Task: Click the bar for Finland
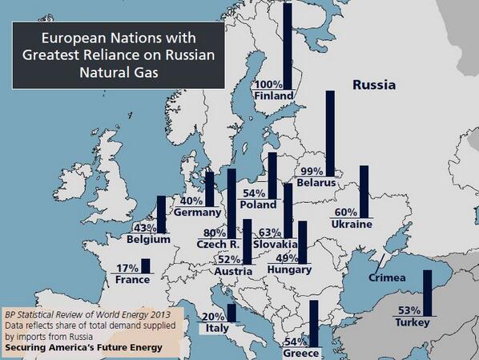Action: coord(288,48)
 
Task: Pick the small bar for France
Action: coord(145,266)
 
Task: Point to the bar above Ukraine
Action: coord(364,187)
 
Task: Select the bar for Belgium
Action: coord(160,214)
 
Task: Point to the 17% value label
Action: coord(127,268)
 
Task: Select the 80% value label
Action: coord(214,233)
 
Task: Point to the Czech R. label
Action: coord(219,244)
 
